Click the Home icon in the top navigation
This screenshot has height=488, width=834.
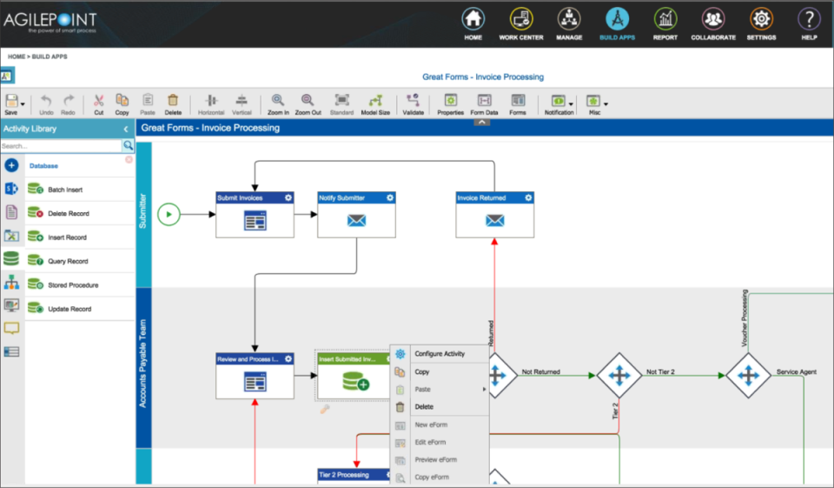tap(473, 19)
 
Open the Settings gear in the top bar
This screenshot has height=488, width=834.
tap(761, 19)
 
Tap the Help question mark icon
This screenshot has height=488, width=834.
tap(809, 19)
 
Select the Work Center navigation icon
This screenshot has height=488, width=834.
tap(520, 19)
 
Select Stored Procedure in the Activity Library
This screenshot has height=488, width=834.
tap(72, 285)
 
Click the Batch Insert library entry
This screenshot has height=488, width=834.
tap(65, 190)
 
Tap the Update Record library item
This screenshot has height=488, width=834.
tap(69, 309)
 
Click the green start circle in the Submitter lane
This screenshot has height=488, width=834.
tap(169, 213)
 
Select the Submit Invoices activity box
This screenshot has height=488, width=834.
tap(255, 214)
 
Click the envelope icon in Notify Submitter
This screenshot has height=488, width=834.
tap(356, 220)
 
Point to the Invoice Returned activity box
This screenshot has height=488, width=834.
tap(494, 214)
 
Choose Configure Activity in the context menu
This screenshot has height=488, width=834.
tap(440, 354)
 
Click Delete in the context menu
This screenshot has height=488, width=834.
tap(424, 406)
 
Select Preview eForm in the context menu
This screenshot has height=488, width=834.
tap(435, 459)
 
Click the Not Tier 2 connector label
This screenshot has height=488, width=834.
tap(660, 372)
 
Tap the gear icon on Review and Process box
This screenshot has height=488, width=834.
tap(288, 358)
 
